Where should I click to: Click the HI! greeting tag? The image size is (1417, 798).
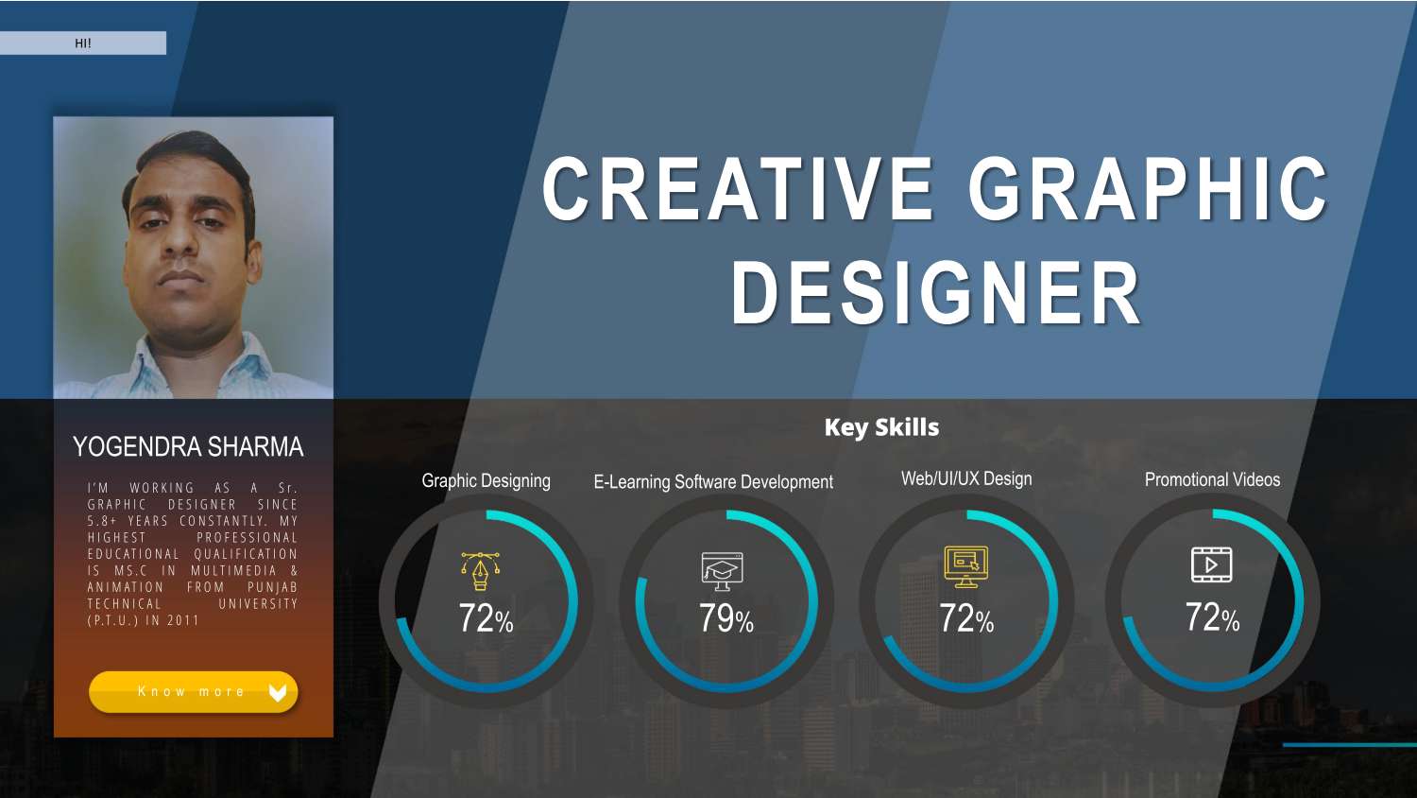pos(83,43)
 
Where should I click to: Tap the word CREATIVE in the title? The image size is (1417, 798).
pos(738,189)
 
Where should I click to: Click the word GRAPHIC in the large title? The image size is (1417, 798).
pos(1148,189)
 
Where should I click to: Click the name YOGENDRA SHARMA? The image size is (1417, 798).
pos(188,446)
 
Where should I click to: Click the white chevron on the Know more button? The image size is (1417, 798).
pos(277,692)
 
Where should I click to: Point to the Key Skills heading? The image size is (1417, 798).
pos(881,427)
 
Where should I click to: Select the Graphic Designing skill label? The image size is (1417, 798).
pos(486,480)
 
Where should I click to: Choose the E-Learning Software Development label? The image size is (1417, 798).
pos(713,481)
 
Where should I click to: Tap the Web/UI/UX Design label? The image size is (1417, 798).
pos(966,478)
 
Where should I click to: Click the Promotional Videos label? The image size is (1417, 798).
pos(1212,479)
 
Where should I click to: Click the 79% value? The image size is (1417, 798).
pos(726,618)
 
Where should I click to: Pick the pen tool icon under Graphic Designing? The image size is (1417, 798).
pos(480,570)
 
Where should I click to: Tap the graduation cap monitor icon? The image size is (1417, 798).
pos(723,570)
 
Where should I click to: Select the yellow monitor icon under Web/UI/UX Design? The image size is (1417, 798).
pos(966,566)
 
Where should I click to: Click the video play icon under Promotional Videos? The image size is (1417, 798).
pos(1211,564)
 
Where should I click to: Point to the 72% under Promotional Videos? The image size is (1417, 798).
pos(1212,617)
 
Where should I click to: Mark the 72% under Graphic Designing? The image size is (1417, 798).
pos(486,618)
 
